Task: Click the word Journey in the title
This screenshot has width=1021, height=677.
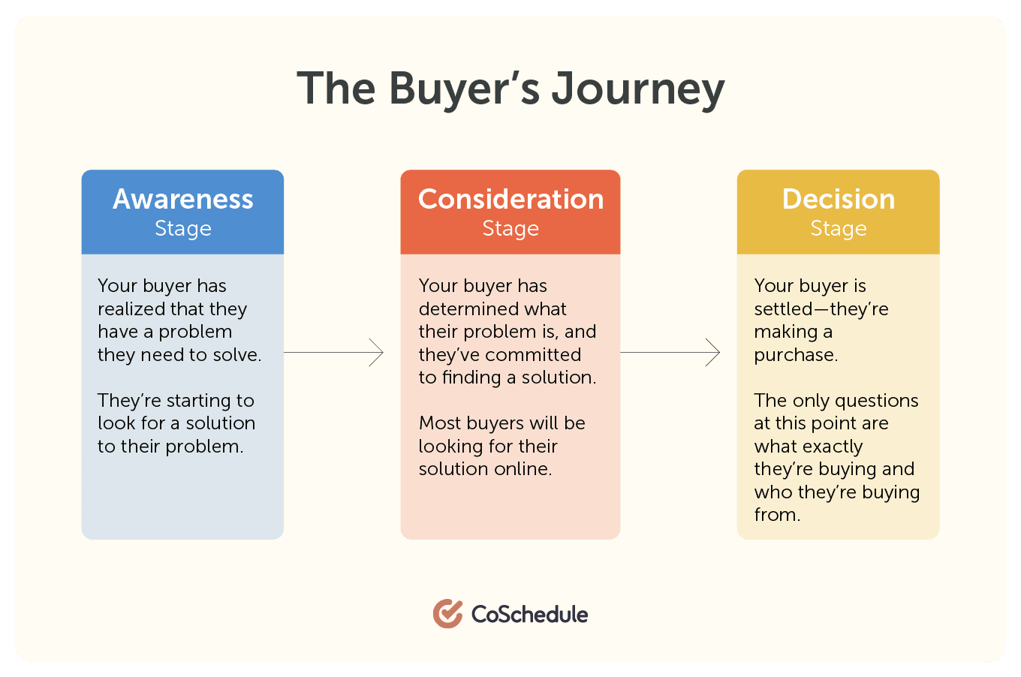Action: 638,89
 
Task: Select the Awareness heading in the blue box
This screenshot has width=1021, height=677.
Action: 183,199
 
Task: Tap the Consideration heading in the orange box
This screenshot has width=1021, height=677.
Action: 510,199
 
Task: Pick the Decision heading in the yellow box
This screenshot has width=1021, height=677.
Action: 838,199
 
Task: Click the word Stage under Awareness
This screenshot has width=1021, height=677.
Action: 183,228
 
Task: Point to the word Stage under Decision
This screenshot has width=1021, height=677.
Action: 838,228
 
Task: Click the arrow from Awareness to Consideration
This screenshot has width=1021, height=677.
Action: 334,352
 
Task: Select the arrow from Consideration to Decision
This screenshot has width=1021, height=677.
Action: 670,352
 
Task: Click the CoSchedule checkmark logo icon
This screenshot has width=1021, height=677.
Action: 447,614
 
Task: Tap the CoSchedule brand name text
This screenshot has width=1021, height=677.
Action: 529,614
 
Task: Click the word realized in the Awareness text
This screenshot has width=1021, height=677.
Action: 131,309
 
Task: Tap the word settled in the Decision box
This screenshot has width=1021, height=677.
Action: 783,309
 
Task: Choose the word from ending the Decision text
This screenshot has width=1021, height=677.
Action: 776,515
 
